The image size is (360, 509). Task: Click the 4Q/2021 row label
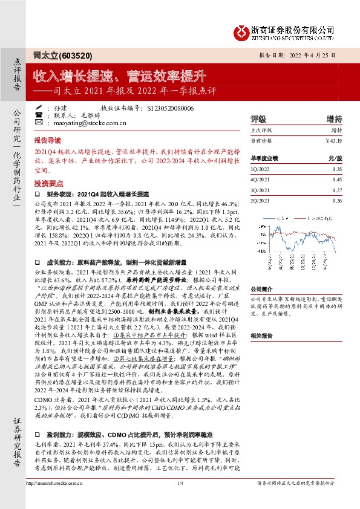click(x=260, y=180)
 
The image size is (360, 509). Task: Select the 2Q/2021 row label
click(x=260, y=200)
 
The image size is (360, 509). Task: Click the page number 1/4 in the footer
click(x=180, y=499)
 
